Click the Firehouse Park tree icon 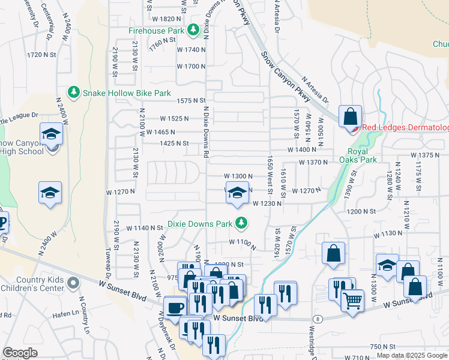[x=193, y=29]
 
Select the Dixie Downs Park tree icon [x=241, y=223]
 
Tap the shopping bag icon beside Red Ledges [x=349, y=116]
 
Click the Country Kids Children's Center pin [x=73, y=282]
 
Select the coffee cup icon [x=175, y=308]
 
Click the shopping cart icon [x=352, y=301]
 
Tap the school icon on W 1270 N [x=238, y=193]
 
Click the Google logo [x=20, y=353]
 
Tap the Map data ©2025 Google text [x=411, y=355]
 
